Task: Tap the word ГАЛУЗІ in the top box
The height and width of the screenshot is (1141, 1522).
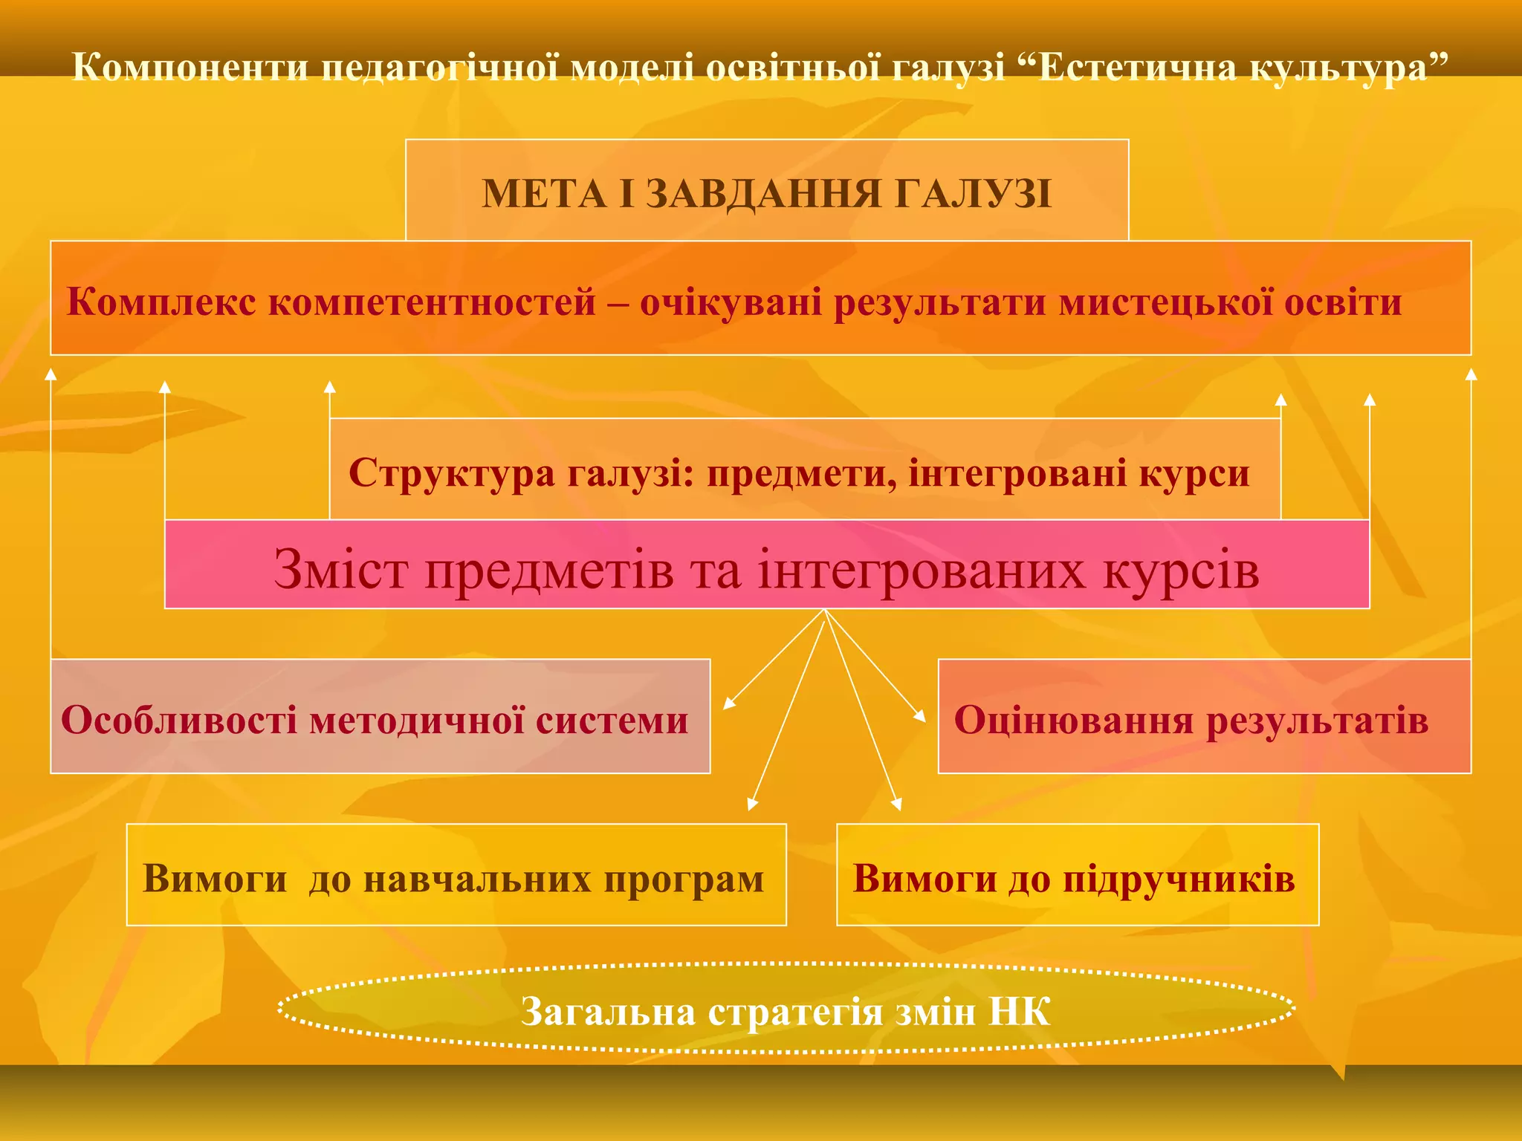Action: [973, 195]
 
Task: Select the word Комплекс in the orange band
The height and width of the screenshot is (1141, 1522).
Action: [161, 302]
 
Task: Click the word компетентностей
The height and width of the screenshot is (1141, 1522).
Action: [432, 302]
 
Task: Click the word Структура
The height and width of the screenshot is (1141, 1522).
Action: [451, 473]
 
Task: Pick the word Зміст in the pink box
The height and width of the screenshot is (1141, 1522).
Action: [340, 570]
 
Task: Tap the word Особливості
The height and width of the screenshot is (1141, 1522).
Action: [178, 720]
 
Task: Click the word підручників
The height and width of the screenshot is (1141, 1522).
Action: [1179, 878]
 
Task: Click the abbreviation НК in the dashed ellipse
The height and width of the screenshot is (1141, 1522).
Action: [1019, 1012]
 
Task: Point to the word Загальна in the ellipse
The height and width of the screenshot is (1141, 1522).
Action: [608, 1012]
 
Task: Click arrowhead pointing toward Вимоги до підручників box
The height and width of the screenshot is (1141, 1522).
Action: [897, 804]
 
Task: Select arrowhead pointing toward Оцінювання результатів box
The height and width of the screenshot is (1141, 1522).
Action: [921, 716]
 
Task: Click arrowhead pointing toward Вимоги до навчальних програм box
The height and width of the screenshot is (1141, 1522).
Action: [752, 804]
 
